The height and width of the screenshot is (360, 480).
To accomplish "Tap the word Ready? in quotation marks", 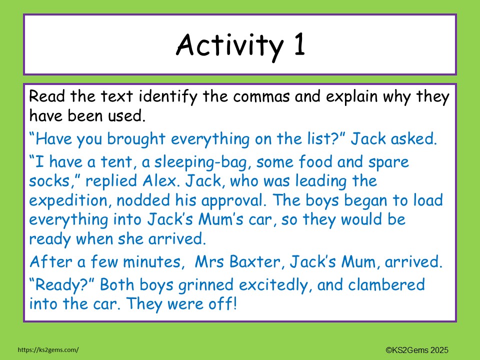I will tap(64, 285).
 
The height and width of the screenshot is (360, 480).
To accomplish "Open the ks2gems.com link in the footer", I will tap(48, 350).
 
